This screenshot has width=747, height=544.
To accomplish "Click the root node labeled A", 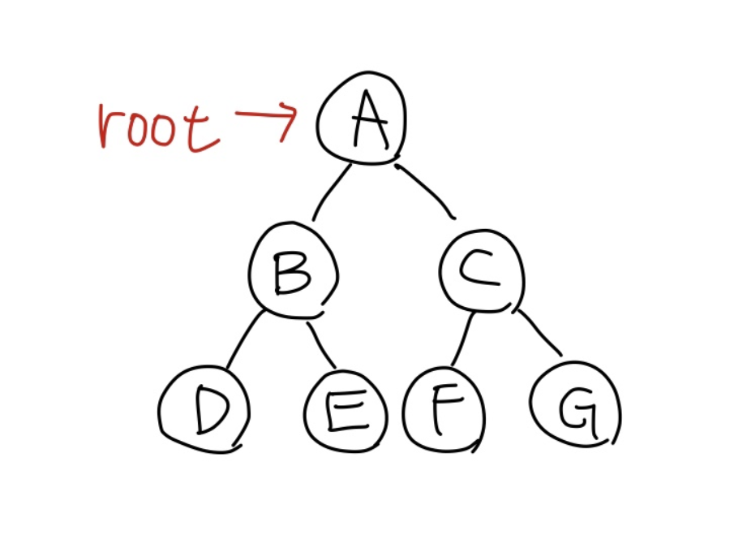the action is [x=360, y=119].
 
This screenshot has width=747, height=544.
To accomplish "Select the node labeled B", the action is [x=292, y=271].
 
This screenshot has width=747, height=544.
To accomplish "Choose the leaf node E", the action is [x=344, y=412].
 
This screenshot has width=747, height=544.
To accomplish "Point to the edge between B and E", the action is [x=322, y=344].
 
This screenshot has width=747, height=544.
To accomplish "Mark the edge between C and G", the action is [x=539, y=332].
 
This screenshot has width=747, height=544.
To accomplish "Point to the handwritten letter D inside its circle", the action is [x=209, y=412].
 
